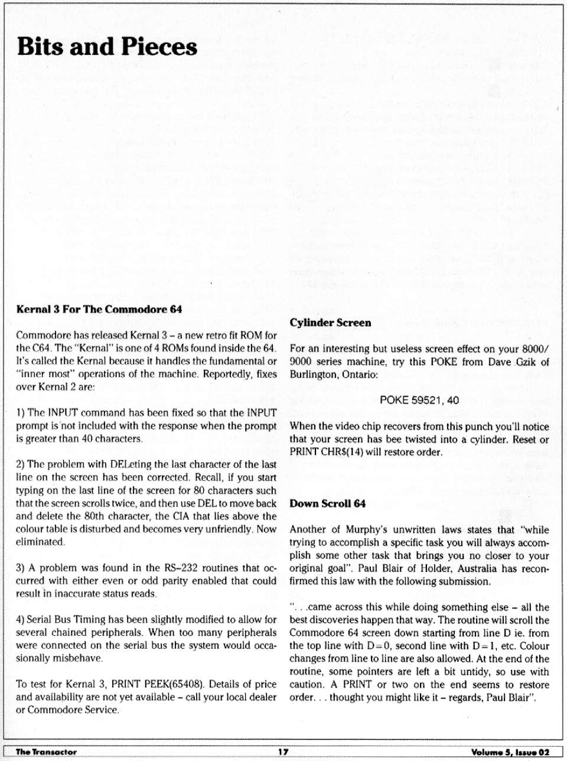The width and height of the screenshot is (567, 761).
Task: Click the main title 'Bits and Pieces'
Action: point(107,47)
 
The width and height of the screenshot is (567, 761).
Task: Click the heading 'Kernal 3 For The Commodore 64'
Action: point(99,309)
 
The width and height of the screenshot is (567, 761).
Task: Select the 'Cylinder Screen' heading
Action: point(330,323)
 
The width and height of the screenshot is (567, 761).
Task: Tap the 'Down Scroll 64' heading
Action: point(327,503)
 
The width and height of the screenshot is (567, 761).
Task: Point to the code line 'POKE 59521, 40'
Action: point(419,400)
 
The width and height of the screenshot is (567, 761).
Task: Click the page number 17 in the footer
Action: point(283,752)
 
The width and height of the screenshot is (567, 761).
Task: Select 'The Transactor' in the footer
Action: point(46,752)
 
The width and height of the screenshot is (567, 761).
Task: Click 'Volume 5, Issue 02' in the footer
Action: point(510,752)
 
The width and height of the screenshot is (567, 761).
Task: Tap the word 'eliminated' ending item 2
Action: point(40,542)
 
